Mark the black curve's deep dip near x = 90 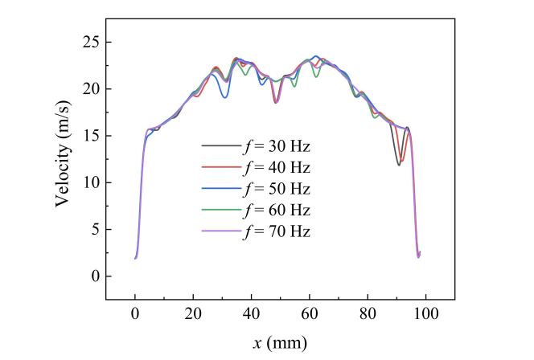(x=398, y=165)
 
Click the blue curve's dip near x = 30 (x=224, y=98)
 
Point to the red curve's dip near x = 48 (x=275, y=103)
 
